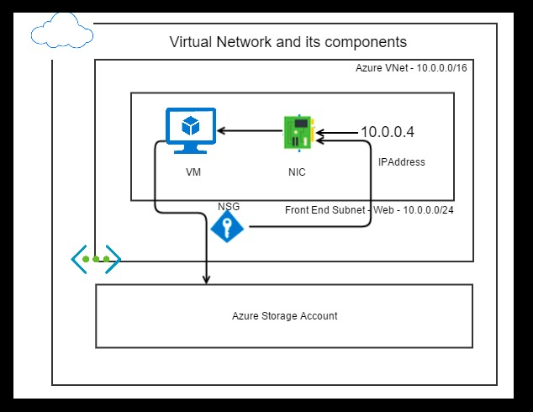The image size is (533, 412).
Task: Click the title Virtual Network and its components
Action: click(x=288, y=41)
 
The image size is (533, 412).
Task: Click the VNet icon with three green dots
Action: click(x=96, y=259)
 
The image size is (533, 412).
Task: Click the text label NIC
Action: click(x=296, y=172)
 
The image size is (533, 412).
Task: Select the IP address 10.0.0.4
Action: click(x=387, y=132)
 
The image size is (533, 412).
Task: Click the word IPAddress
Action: click(x=402, y=162)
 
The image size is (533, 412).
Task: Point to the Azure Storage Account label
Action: click(x=284, y=316)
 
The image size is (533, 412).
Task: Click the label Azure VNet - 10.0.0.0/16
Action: click(x=411, y=67)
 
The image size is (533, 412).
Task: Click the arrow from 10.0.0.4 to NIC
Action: click(x=339, y=132)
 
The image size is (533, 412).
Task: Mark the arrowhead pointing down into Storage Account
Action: click(x=208, y=280)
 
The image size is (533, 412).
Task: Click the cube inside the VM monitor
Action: click(x=191, y=127)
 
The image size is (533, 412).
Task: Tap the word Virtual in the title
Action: click(x=191, y=41)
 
